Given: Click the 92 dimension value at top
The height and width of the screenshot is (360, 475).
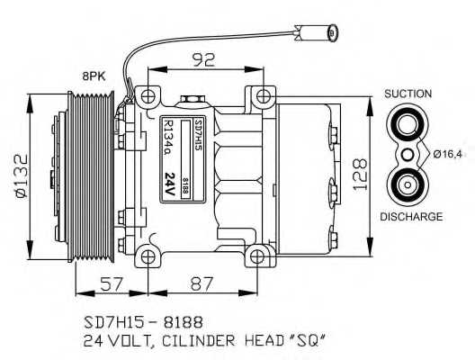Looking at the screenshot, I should click(202, 61).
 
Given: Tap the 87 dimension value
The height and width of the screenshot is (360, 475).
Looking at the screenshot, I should click(202, 284).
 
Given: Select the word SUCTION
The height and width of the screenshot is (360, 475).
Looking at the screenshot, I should click(408, 94).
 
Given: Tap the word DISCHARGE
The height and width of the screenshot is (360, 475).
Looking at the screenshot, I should click(410, 217).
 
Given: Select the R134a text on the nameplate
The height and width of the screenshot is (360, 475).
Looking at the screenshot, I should click(170, 134).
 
